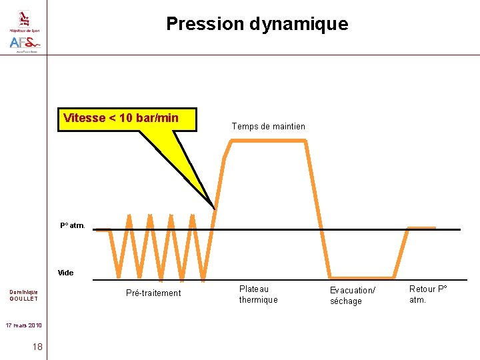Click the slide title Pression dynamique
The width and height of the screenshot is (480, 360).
tap(257, 24)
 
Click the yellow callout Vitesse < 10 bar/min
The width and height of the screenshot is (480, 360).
tap(121, 119)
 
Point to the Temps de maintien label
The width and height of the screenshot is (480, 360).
tap(268, 127)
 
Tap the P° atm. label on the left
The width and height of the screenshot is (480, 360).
tap(73, 226)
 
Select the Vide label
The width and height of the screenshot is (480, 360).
tap(66, 273)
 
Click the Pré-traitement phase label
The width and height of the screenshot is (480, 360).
tap(153, 293)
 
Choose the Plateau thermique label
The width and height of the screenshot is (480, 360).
tap(258, 295)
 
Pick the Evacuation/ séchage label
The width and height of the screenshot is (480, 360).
tap(353, 295)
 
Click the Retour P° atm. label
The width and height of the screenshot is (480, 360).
tap(428, 294)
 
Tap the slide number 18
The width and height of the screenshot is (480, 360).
tap(37, 347)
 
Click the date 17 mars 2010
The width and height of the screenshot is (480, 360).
tap(24, 325)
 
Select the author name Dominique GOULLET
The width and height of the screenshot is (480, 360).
tap(23, 295)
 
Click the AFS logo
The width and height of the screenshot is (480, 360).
tap(25, 43)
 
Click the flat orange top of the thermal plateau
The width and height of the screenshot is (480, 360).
tap(268, 140)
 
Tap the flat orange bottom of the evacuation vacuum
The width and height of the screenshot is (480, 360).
tap(362, 277)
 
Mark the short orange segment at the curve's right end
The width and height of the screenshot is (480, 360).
tap(421, 228)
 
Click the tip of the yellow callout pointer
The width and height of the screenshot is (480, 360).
tap(214, 207)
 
